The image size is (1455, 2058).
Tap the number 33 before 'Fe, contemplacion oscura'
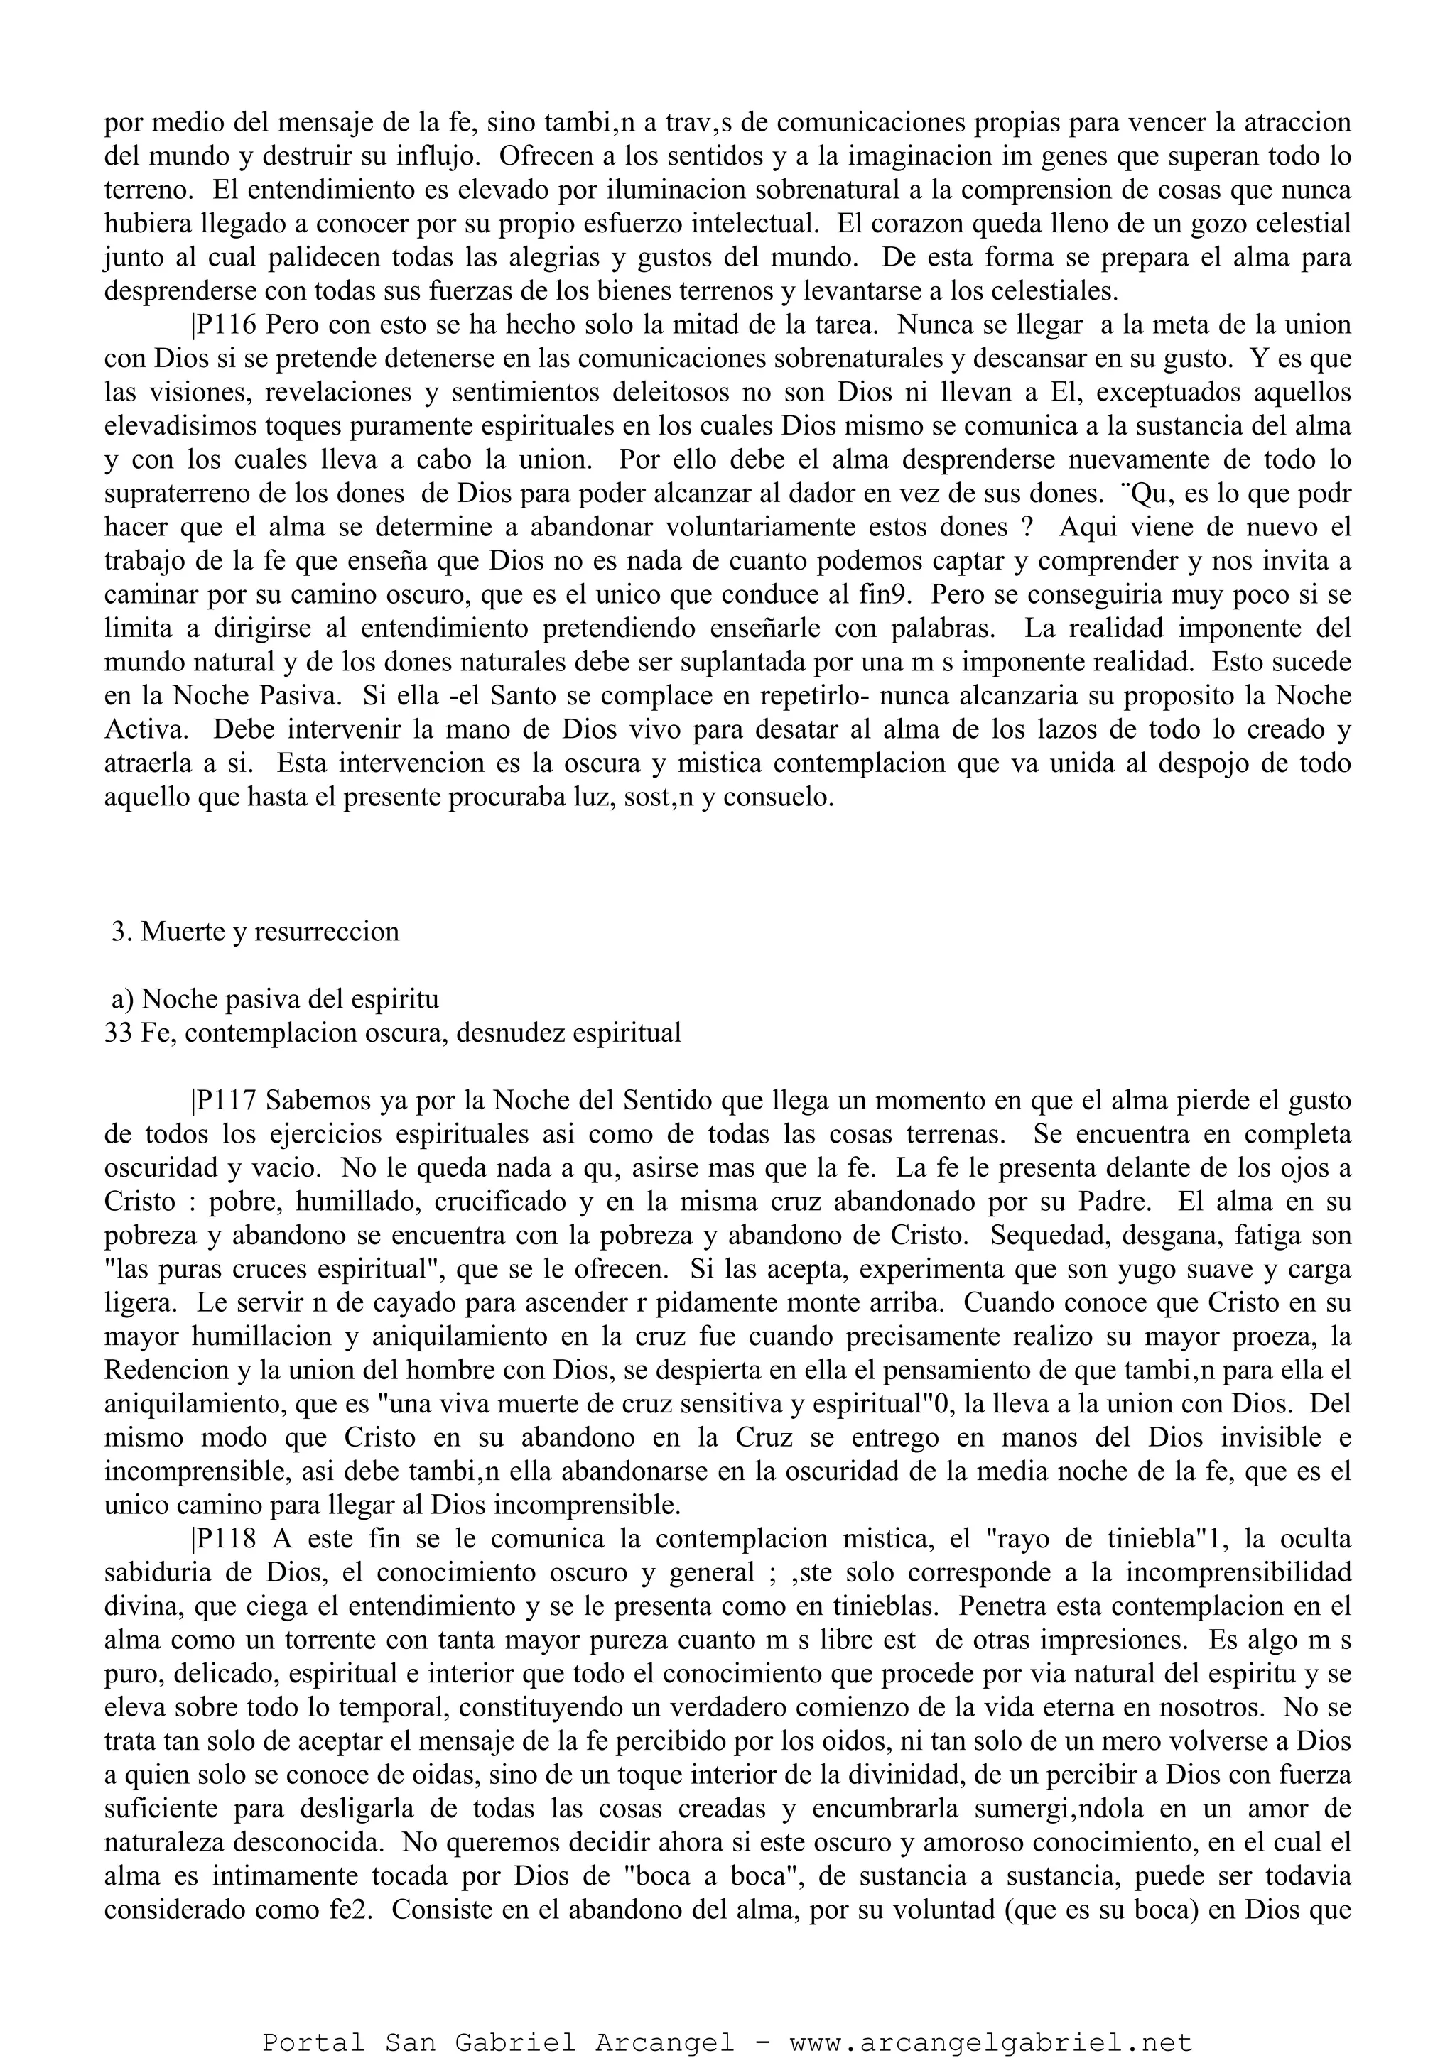pos(119,1033)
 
